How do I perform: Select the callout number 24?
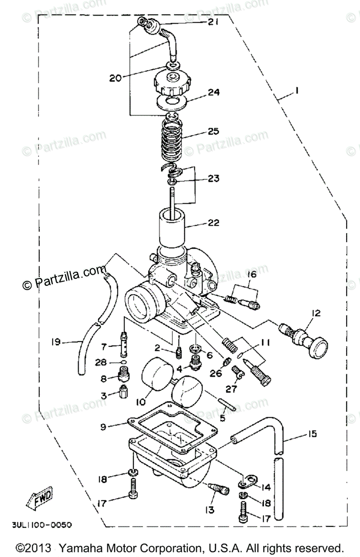(213, 92)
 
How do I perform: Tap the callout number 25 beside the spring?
(213, 131)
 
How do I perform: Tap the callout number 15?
(311, 434)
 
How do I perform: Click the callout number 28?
(102, 362)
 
